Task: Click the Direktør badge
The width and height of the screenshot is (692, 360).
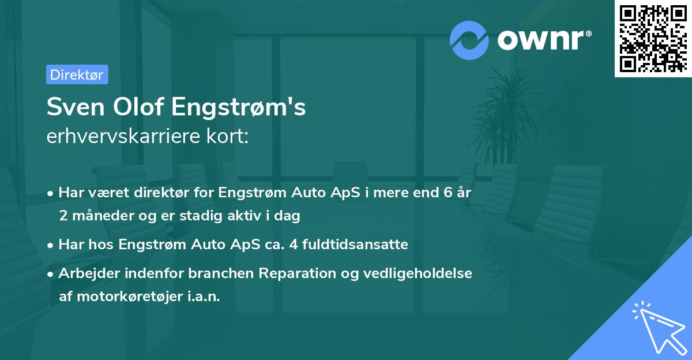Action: pos(77,74)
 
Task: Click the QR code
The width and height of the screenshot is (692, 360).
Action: pos(653,38)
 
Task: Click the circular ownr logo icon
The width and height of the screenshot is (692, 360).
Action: pos(469,40)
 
